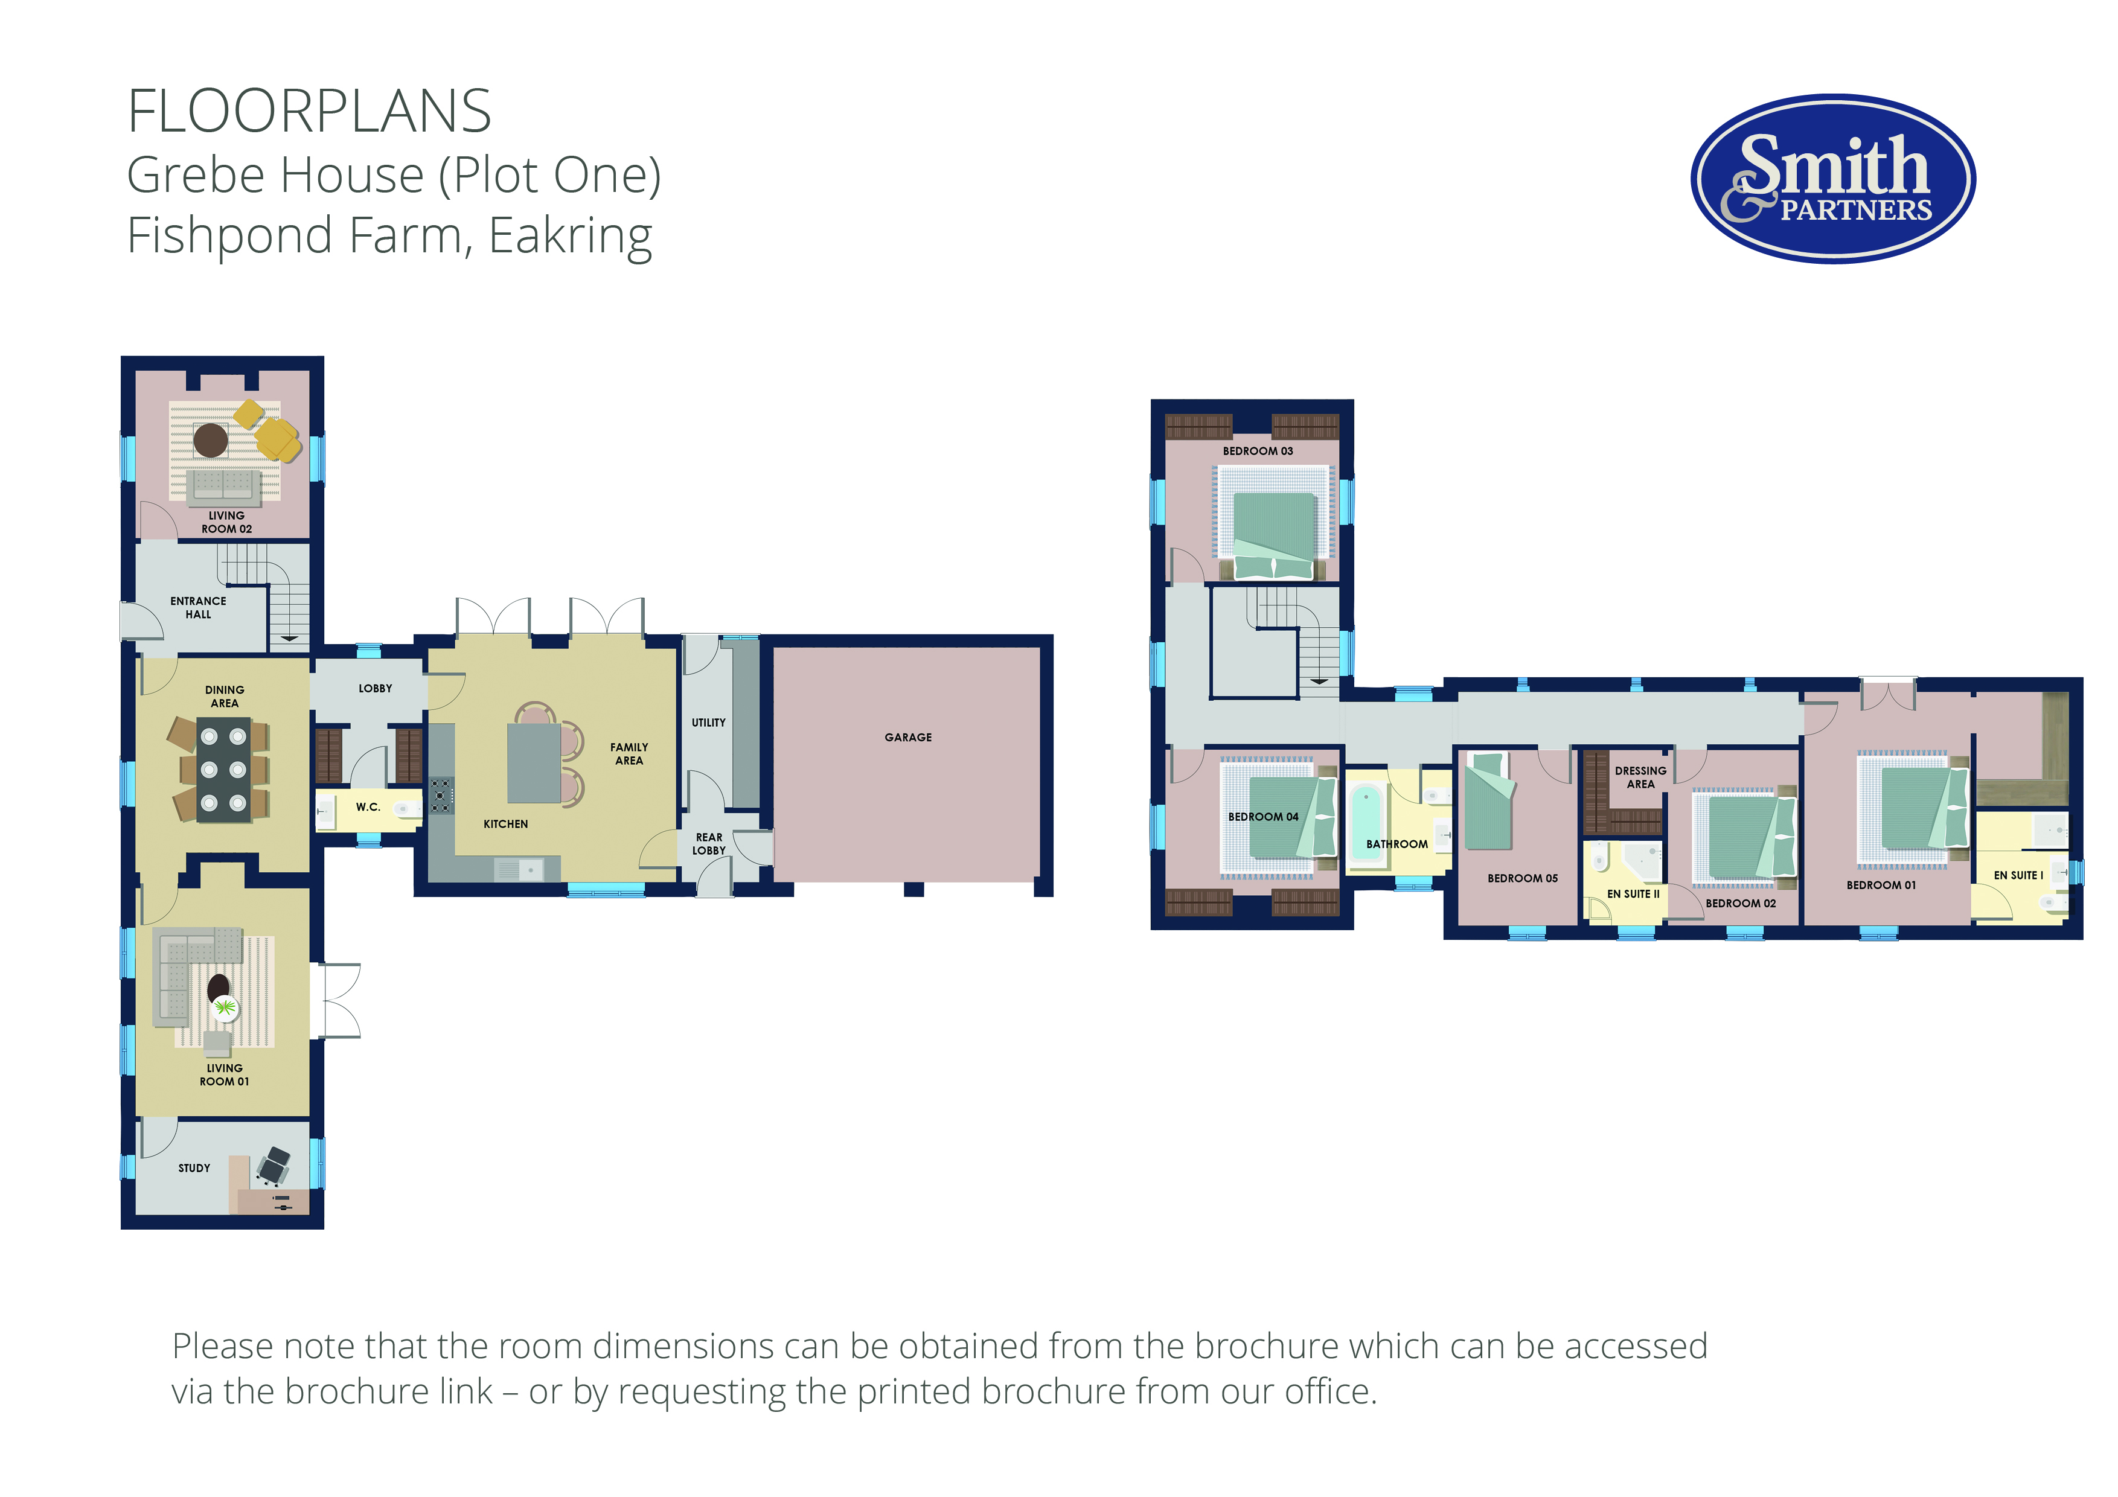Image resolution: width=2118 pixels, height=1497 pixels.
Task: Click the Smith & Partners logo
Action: [1833, 178]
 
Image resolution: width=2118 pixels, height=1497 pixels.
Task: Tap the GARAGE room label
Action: [907, 737]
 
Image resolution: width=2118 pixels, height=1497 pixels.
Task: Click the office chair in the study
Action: [273, 1166]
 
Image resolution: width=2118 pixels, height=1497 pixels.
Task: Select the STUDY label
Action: [194, 1167]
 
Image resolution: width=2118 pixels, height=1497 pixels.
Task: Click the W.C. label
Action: [368, 807]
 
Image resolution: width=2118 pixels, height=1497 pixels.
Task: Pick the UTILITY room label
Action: [708, 722]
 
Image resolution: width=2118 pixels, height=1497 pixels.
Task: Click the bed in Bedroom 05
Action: [1487, 800]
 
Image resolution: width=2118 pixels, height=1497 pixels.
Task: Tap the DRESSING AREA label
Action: [1640, 777]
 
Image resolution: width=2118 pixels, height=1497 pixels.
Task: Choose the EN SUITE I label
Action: [2018, 875]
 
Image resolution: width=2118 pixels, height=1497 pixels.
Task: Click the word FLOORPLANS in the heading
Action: [309, 112]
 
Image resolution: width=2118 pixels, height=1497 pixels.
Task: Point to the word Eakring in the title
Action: [571, 236]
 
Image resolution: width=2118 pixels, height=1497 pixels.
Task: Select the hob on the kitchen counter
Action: [441, 795]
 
